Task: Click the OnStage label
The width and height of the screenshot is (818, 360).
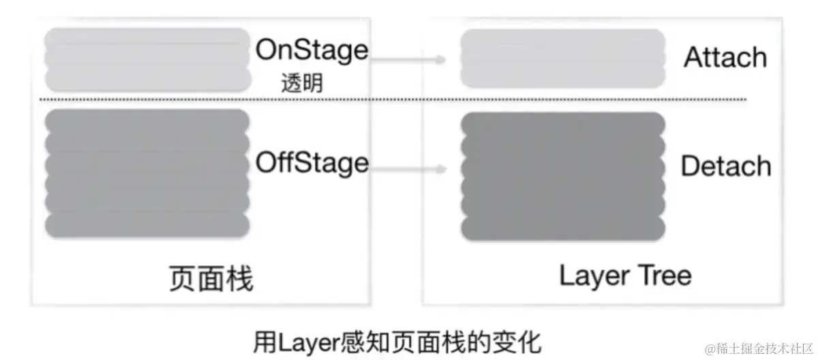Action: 312,50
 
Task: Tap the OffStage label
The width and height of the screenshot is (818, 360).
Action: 312,163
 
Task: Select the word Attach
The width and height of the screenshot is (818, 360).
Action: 725,58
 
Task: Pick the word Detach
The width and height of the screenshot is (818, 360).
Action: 726,166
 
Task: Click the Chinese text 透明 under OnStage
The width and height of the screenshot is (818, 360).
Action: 301,84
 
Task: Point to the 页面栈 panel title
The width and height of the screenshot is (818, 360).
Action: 211,279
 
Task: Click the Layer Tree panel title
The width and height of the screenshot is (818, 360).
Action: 625,276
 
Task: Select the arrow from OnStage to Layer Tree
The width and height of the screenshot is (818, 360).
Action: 408,60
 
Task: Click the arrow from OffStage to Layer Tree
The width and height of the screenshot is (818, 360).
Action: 408,170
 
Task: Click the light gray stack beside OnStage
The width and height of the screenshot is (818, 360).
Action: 147,60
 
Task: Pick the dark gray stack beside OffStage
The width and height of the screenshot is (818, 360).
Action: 147,173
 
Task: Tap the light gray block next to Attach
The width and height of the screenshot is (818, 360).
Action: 562,58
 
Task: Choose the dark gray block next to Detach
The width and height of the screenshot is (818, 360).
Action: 562,177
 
